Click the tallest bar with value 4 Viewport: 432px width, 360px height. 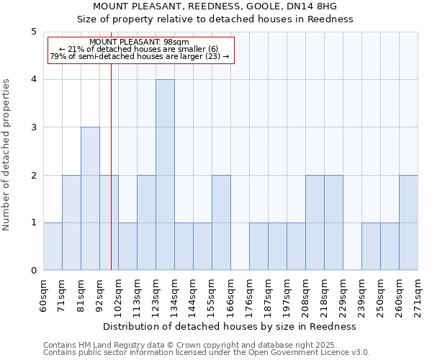165,175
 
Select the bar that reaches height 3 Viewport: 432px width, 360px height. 90,199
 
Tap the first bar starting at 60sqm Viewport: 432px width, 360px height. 53,246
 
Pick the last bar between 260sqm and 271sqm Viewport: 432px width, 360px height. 408,222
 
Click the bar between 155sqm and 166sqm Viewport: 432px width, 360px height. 221,222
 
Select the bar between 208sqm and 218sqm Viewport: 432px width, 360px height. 315,222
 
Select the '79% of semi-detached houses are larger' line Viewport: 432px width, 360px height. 140,56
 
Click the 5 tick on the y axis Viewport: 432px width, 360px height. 33,32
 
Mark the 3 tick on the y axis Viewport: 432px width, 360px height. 33,127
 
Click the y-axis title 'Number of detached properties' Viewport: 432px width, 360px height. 6,156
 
